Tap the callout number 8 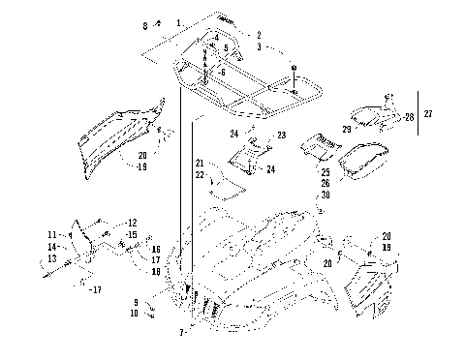[x=146, y=24]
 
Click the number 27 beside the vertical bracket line [x=430, y=114]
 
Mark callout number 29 [x=347, y=129]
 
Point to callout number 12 [x=132, y=223]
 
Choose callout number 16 [x=155, y=250]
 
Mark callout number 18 [x=155, y=272]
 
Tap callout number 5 [x=225, y=47]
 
